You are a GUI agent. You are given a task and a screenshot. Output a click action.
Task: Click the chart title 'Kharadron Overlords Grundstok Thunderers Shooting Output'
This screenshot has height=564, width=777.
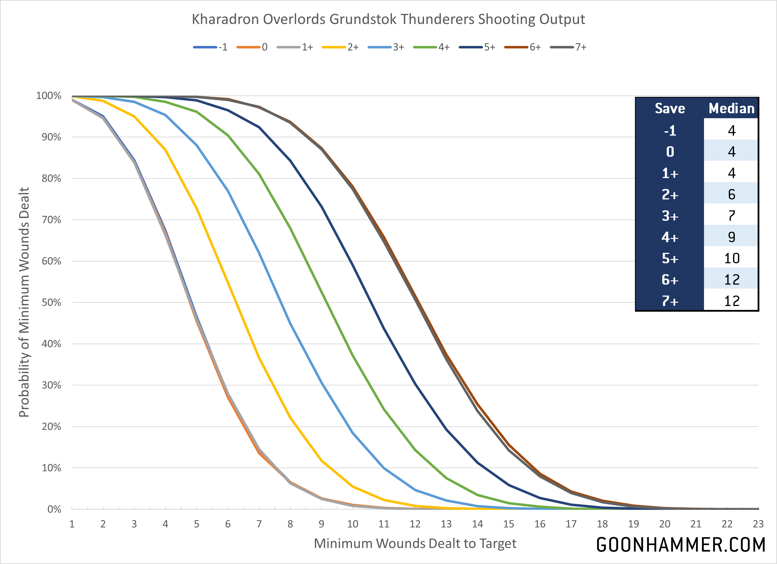coord(388,19)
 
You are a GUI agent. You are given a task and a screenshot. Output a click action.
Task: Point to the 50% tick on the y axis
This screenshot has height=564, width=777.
coord(51,302)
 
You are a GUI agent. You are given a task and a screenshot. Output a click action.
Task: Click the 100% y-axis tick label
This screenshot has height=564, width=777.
coord(49,96)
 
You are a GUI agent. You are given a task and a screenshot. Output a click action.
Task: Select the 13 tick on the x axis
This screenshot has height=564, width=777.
coord(446,524)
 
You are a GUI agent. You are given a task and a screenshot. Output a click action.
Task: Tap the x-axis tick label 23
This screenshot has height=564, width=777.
coord(758,524)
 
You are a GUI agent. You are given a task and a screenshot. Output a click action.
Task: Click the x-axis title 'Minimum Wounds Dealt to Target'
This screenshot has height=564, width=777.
coord(415,543)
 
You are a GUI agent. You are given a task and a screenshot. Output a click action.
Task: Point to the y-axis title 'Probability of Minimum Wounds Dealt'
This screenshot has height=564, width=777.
coord(24,302)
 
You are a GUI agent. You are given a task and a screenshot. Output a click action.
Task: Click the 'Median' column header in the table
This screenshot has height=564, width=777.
coord(732,108)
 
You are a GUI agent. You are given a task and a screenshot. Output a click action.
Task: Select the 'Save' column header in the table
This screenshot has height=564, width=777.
coord(670,108)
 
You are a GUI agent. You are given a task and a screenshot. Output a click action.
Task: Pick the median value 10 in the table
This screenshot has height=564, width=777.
coord(732,258)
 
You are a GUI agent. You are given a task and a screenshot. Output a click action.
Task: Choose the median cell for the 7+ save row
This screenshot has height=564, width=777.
coord(732,301)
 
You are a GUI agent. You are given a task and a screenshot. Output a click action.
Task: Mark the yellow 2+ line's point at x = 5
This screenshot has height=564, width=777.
coord(197,208)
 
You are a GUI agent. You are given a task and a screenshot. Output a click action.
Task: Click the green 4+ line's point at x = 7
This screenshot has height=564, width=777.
coord(259,174)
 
